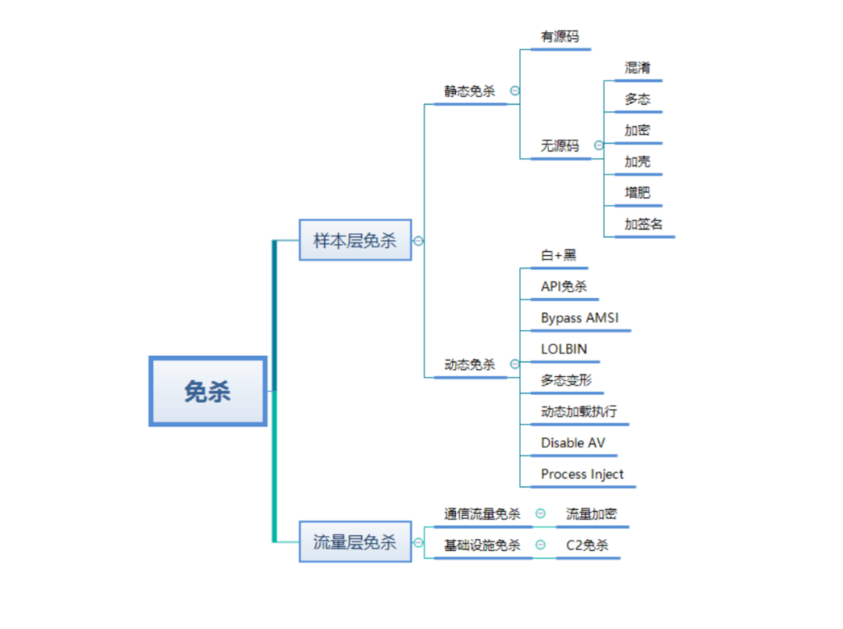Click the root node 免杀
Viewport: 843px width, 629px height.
coord(208,391)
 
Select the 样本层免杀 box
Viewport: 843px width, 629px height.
coord(355,240)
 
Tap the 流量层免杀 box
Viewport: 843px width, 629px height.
coord(355,542)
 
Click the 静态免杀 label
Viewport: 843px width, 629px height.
coord(470,91)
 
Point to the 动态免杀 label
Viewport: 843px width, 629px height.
coord(470,364)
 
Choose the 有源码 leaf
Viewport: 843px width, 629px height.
coord(560,37)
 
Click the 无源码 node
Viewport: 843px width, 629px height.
coord(560,146)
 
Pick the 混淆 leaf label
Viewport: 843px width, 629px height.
coord(638,68)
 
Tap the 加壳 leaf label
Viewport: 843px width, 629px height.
coord(638,162)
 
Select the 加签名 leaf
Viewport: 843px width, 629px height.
coord(644,224)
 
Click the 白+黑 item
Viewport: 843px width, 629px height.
coord(559,255)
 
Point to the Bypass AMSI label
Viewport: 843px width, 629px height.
coord(579,318)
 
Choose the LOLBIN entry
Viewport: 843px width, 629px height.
coord(564,349)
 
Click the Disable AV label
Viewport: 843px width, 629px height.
coord(573,442)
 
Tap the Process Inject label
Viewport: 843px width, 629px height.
coord(582,474)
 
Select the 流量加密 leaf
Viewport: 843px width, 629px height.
coord(592,514)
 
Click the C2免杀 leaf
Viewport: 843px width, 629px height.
coord(588,545)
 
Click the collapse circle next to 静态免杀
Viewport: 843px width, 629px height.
coord(514,91)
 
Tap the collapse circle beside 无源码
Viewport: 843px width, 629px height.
coord(599,145)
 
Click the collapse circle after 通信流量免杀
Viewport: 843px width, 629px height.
coord(540,514)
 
